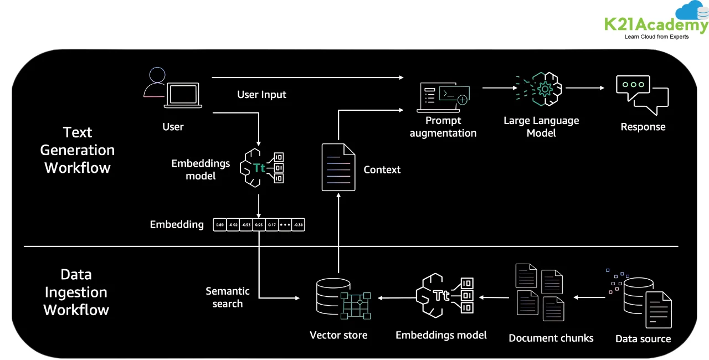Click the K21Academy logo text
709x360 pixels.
click(656, 25)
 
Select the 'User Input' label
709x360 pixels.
click(261, 95)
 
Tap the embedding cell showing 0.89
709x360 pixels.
click(220, 225)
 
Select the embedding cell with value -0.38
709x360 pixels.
click(299, 225)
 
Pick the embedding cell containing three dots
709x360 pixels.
click(285, 225)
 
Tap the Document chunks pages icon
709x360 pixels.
click(540, 292)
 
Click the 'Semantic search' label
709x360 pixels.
click(228, 297)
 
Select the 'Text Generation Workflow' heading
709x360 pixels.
click(78, 150)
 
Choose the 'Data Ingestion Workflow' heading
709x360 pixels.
click(76, 292)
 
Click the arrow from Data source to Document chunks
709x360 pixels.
click(589, 297)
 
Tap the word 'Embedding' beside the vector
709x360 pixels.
click(177, 225)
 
